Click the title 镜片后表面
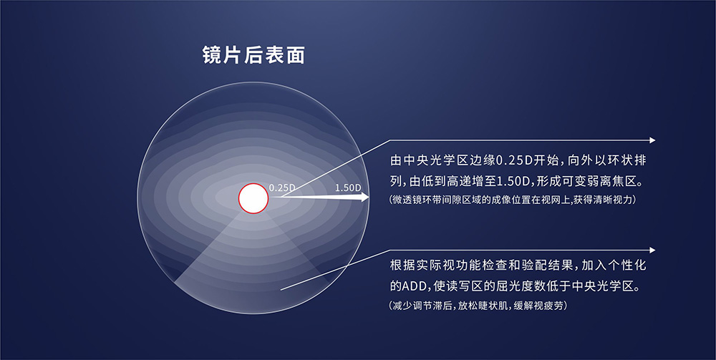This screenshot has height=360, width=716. (253, 55)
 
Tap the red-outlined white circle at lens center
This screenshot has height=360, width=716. (253, 198)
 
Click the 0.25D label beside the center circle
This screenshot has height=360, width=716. (282, 188)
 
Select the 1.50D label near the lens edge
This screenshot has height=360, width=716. (348, 188)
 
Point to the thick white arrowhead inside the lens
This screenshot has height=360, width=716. (364, 197)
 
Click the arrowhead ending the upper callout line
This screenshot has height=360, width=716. (652, 140)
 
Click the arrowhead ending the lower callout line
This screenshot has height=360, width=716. (652, 250)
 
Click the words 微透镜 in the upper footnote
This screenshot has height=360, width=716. (407, 200)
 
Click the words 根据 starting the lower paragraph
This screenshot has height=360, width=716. (402, 265)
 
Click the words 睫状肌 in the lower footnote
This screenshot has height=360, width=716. (493, 306)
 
